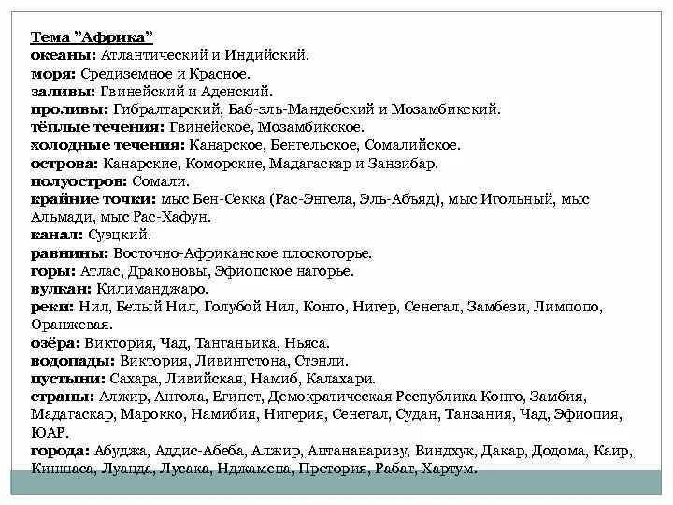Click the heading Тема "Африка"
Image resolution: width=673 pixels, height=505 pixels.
tap(93, 38)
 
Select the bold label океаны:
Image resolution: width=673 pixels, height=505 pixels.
tap(59, 56)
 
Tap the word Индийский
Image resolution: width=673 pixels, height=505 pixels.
tap(272, 56)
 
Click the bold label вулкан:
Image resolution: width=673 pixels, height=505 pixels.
tap(58, 289)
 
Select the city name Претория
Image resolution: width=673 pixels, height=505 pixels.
tap(336, 469)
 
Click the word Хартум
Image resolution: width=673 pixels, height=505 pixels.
tap(449, 469)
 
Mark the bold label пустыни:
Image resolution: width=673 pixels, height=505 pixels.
tap(63, 379)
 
